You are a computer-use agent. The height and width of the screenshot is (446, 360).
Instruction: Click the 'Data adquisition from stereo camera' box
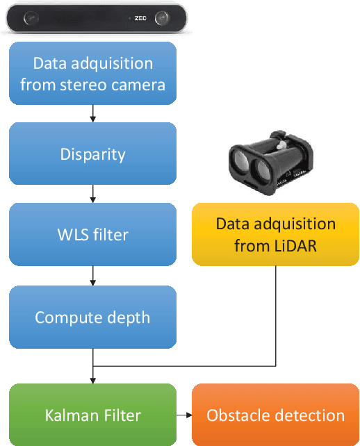[x=92, y=74]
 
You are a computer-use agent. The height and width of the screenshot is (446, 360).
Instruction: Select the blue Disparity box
[x=92, y=154]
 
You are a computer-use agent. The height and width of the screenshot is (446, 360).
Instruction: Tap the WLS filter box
[x=92, y=235]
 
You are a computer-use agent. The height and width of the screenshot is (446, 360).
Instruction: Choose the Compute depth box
[x=92, y=317]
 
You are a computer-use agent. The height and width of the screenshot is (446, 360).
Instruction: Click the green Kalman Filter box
[x=92, y=415]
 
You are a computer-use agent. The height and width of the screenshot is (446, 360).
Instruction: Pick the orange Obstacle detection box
[x=275, y=415]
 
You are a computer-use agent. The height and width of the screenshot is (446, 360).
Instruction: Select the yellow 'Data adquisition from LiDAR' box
[x=275, y=235]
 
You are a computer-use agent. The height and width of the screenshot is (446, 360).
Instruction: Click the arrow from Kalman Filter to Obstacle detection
[x=184, y=415]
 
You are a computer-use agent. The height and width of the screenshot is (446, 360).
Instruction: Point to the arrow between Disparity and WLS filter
[x=92, y=195]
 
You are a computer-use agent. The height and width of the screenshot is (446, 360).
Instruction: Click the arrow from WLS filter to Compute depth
[x=92, y=276]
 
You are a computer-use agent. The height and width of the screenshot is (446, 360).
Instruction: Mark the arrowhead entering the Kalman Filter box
[x=92, y=379]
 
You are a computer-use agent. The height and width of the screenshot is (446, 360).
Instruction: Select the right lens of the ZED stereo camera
[x=161, y=17]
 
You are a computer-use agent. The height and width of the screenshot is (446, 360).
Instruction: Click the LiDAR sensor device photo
[x=267, y=164]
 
